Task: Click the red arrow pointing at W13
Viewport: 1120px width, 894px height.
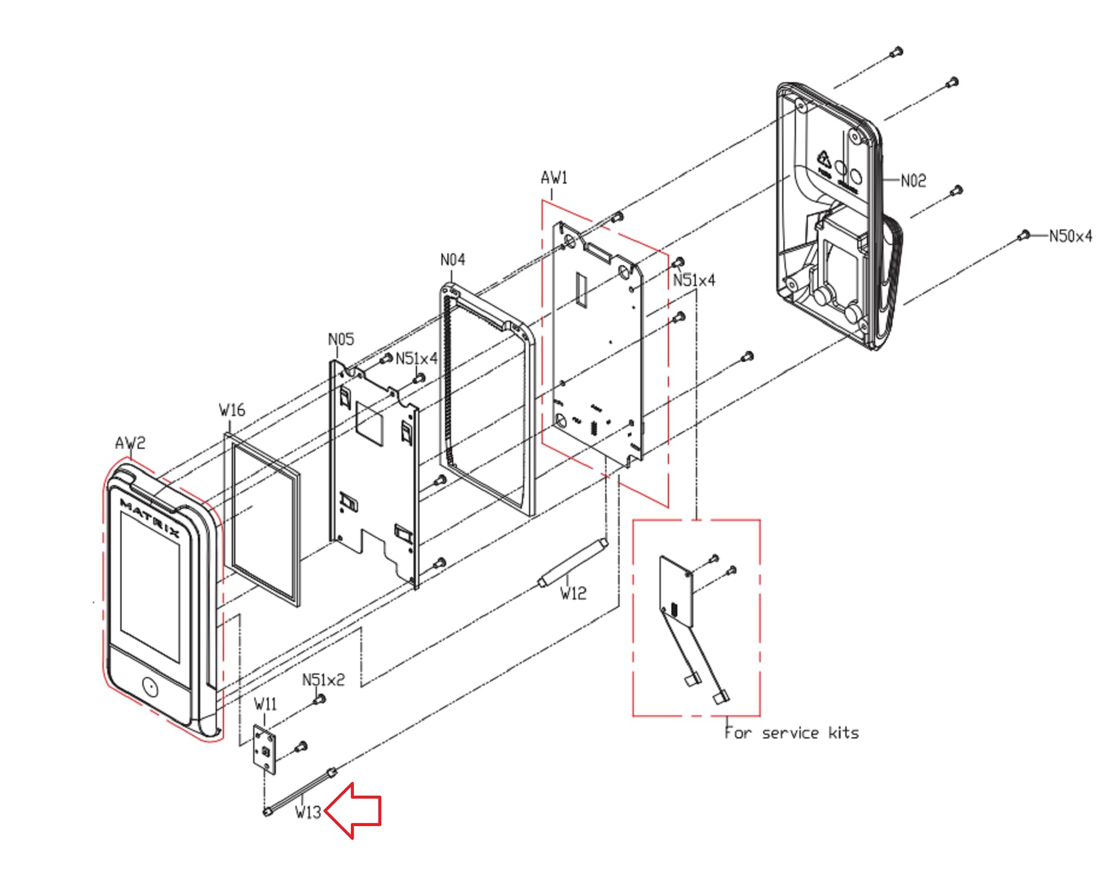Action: tap(354, 811)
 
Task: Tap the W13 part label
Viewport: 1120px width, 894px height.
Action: tap(308, 812)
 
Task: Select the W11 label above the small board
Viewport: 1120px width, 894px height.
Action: tap(265, 704)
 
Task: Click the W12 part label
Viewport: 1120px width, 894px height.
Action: tap(573, 593)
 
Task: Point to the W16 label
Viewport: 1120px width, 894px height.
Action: tap(232, 410)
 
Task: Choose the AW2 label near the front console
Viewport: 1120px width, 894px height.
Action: tap(130, 443)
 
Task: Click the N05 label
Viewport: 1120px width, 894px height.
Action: tap(341, 339)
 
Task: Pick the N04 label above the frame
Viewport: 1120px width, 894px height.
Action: tap(453, 260)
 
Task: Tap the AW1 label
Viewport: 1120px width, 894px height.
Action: tap(554, 178)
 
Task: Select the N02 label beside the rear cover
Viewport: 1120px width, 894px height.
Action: tap(913, 181)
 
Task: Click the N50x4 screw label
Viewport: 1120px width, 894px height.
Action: tap(1071, 236)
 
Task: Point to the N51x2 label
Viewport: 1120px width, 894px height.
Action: tap(323, 680)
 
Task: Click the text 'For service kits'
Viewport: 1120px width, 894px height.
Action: tap(792, 732)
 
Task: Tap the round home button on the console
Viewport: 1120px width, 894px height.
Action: tap(150, 688)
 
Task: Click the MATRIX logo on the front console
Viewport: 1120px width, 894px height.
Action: tap(150, 518)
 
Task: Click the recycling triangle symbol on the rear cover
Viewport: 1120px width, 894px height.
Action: tap(824, 159)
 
